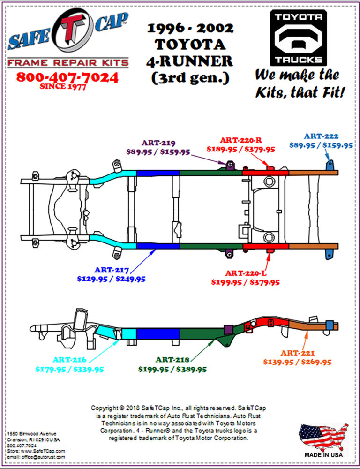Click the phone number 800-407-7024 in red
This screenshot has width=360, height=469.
[67, 77]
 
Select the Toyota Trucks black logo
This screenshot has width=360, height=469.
[298, 38]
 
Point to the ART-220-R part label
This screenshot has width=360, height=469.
[241, 140]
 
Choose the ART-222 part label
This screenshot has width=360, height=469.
[321, 136]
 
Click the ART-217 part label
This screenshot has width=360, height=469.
[111, 270]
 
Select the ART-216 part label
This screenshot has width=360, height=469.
[69, 360]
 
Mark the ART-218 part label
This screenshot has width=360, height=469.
[172, 360]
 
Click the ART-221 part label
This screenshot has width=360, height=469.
[297, 353]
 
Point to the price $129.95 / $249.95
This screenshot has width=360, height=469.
[111, 279]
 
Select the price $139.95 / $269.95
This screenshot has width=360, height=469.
[297, 362]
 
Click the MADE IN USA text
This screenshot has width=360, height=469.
[323, 454]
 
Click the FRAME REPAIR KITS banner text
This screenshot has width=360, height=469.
[68, 62]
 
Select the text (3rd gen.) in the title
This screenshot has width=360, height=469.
[190, 77]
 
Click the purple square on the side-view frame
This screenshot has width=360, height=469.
[229, 329]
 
